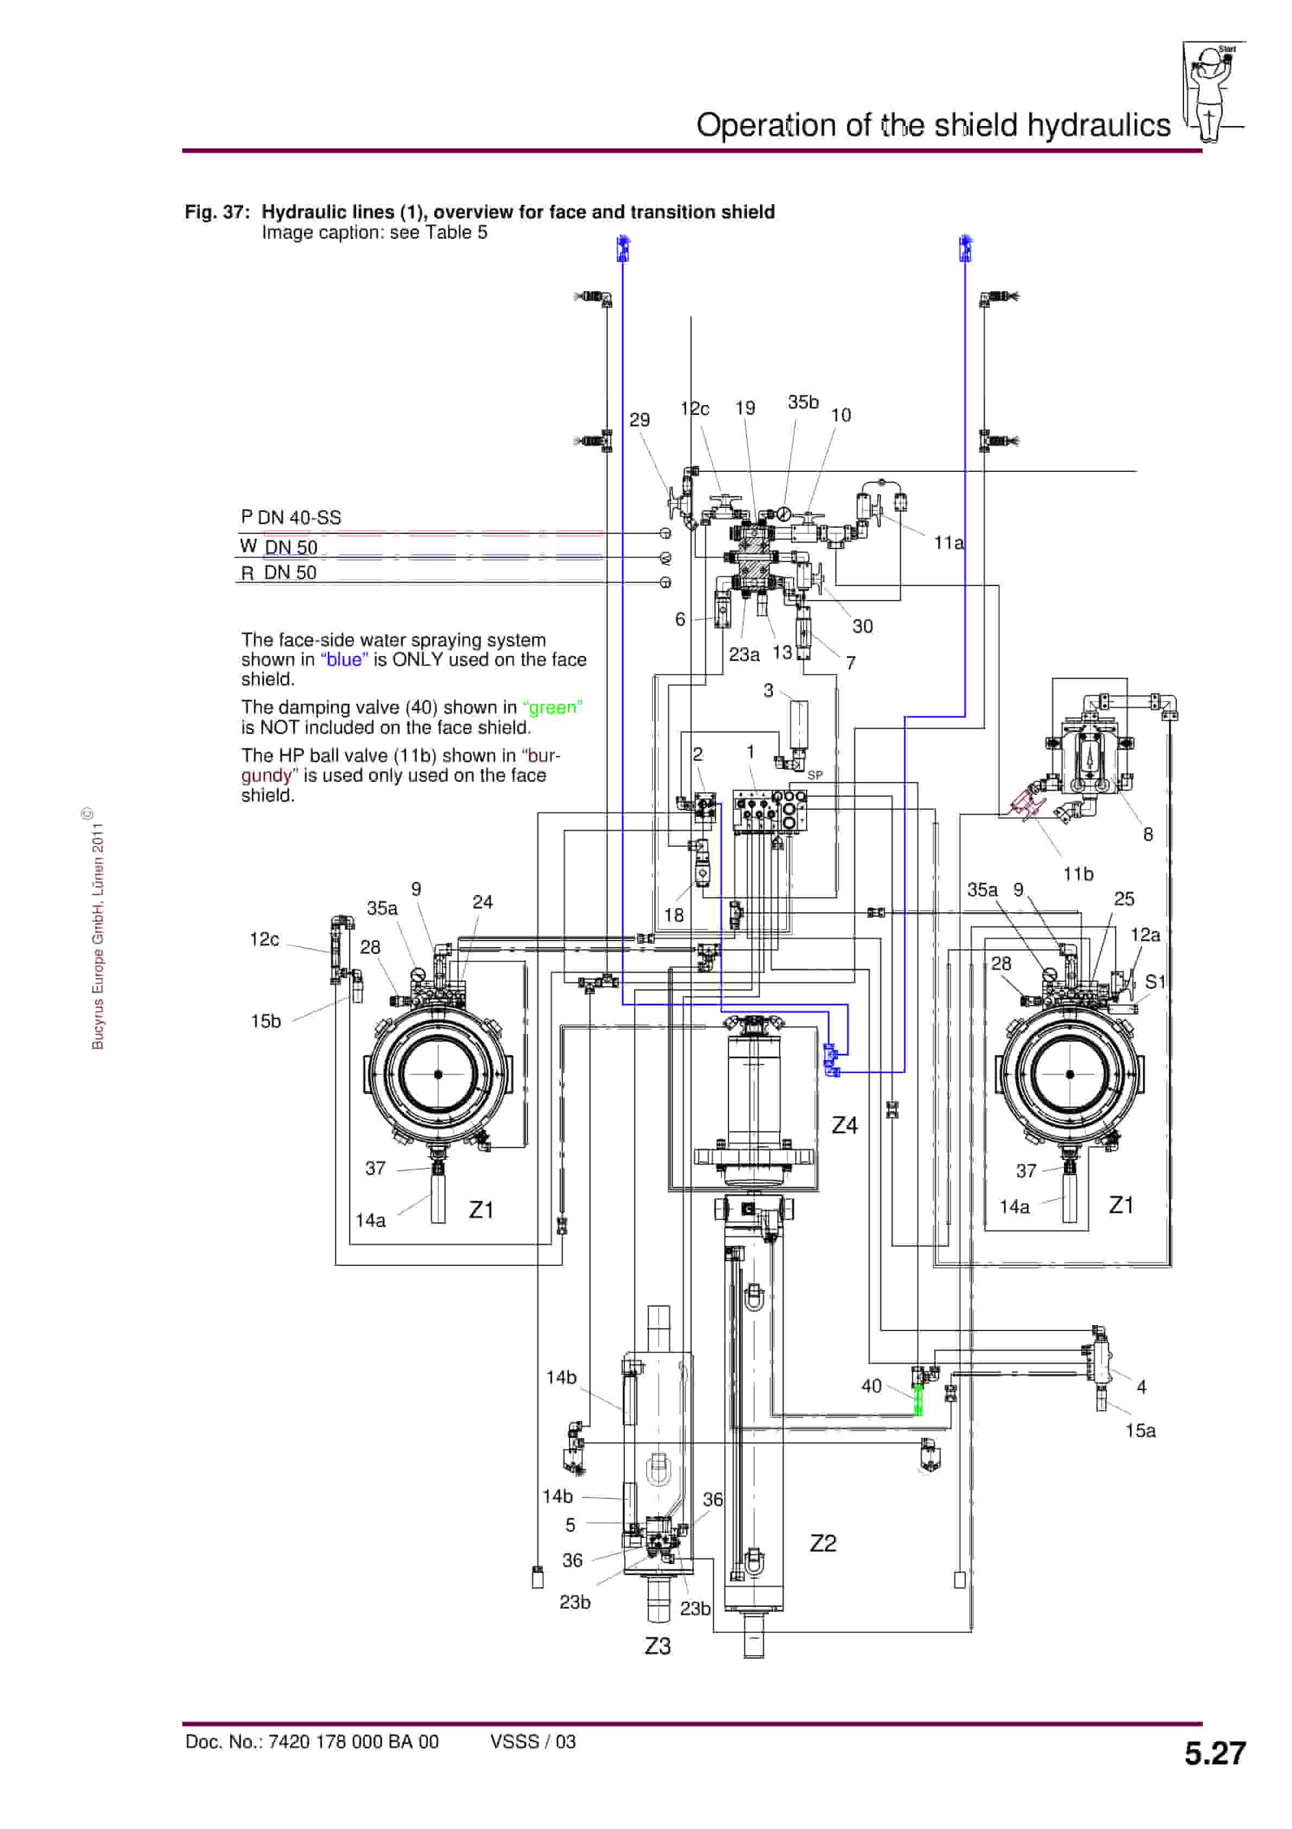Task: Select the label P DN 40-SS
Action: coord(291,518)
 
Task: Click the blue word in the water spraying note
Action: coord(344,660)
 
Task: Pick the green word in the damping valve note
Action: coord(552,708)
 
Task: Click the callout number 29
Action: coord(639,420)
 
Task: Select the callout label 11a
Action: coord(948,543)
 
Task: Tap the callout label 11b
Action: coord(1078,874)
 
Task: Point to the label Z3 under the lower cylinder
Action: coord(657,1646)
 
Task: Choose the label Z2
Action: coord(823,1543)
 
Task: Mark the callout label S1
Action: coord(1154,982)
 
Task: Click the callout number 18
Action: coord(673,915)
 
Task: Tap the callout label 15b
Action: coord(265,1021)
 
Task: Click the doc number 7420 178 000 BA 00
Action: coord(312,1742)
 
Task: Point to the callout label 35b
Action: coord(803,403)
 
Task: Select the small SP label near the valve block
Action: coord(815,775)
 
